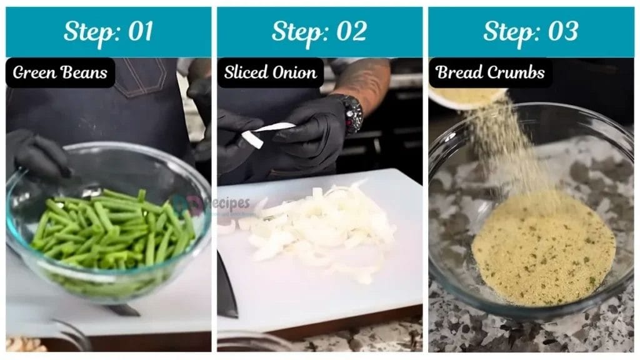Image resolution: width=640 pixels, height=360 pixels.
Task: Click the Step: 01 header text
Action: [x=108, y=32]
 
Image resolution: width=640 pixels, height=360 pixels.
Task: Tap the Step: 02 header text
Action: [x=319, y=32]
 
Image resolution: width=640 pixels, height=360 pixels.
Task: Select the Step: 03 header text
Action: [x=531, y=32]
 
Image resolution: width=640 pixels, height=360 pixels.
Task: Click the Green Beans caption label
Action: [x=60, y=72]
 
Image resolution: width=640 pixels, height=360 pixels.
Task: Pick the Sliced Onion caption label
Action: [x=270, y=72]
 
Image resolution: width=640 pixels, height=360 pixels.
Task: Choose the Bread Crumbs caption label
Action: [x=490, y=72]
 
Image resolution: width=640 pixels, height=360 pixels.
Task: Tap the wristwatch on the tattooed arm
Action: [x=352, y=112]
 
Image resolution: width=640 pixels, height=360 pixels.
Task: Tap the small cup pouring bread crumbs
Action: [x=467, y=97]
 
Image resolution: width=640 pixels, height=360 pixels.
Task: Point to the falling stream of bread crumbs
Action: [x=500, y=150]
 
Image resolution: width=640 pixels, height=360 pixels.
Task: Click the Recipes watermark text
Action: [x=229, y=204]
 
